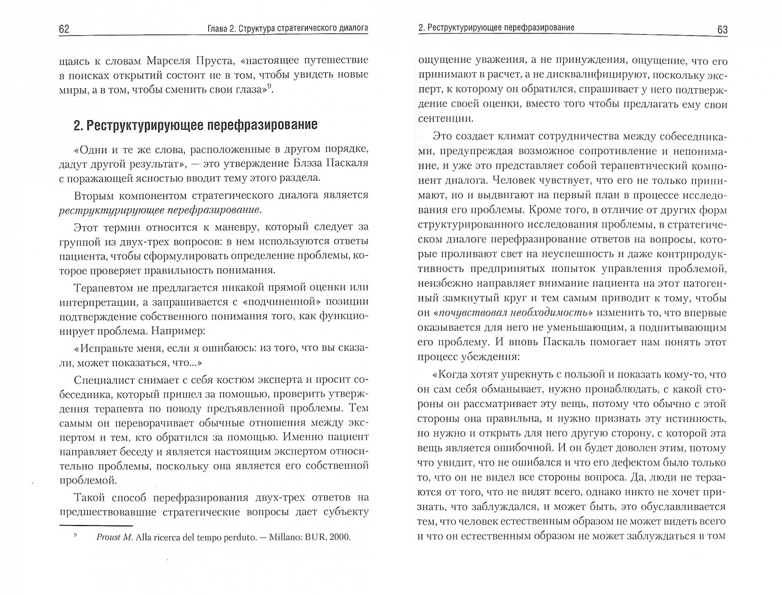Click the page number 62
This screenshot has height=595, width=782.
[x=64, y=29]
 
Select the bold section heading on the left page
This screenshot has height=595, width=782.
[x=195, y=125]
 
